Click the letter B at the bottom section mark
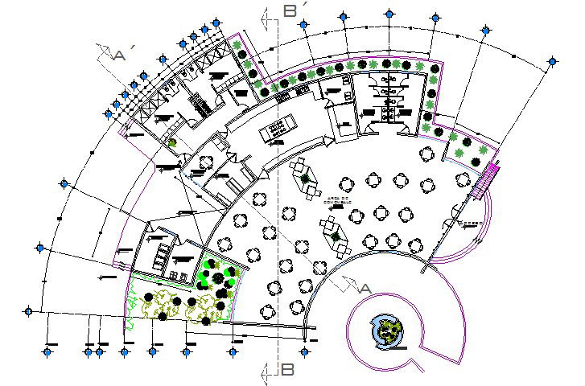click(x=288, y=370)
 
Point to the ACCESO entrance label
click(x=469, y=222)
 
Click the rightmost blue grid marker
click(x=553, y=60)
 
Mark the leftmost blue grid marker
click(x=29, y=311)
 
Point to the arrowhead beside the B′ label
click(x=265, y=15)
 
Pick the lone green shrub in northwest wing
click(x=171, y=144)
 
